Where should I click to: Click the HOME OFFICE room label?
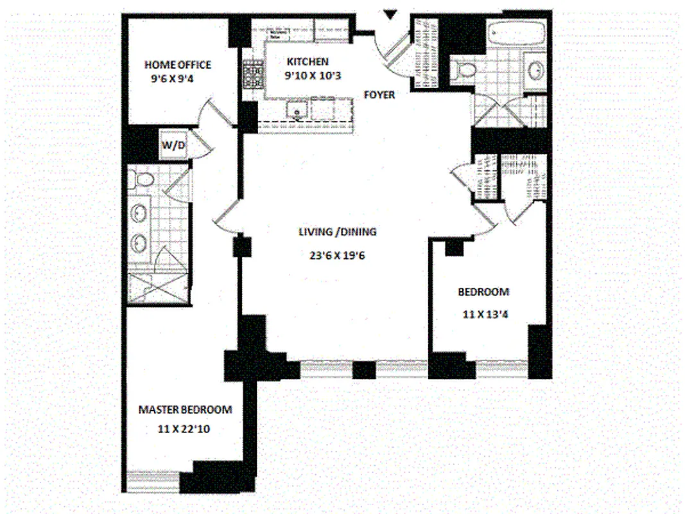click(177, 65)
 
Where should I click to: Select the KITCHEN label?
click(308, 62)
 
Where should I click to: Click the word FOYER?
click(379, 94)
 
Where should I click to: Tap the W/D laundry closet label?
click(173, 145)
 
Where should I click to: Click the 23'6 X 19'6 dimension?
click(336, 255)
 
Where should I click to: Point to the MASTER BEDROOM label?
click(186, 410)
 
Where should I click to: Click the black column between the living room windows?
click(364, 370)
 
